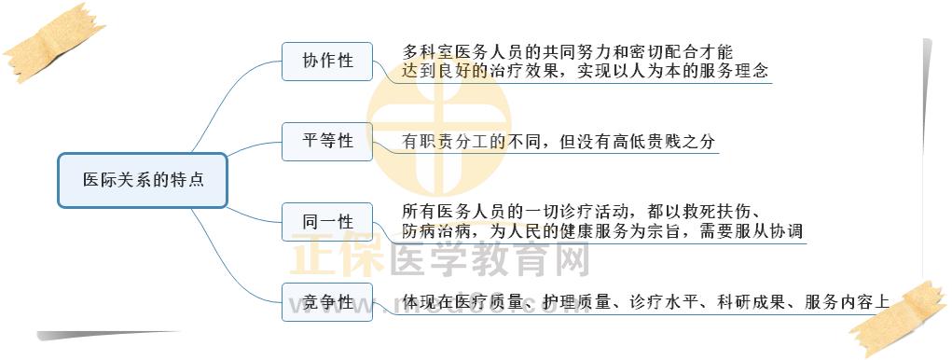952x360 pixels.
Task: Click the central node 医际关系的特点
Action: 143,180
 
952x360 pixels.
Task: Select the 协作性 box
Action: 327,62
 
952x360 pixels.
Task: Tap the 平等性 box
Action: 327,142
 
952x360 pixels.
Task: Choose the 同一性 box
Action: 327,222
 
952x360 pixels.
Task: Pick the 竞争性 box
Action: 327,302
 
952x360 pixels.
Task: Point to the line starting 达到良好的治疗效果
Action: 586,71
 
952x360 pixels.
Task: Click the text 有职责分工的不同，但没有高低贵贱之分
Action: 559,143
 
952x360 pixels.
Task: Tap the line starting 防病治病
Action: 602,230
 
